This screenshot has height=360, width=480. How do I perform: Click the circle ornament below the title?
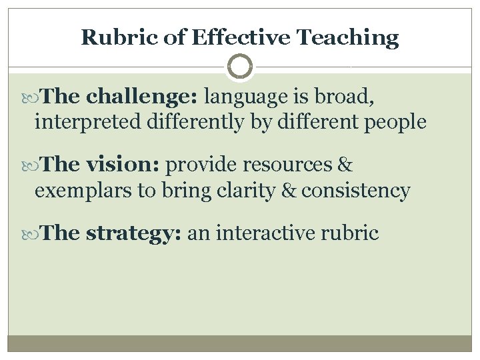[x=240, y=67]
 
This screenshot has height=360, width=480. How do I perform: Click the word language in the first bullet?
[x=244, y=97]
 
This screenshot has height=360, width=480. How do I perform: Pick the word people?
[x=395, y=123]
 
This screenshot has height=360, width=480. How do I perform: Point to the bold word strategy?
[x=134, y=234]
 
